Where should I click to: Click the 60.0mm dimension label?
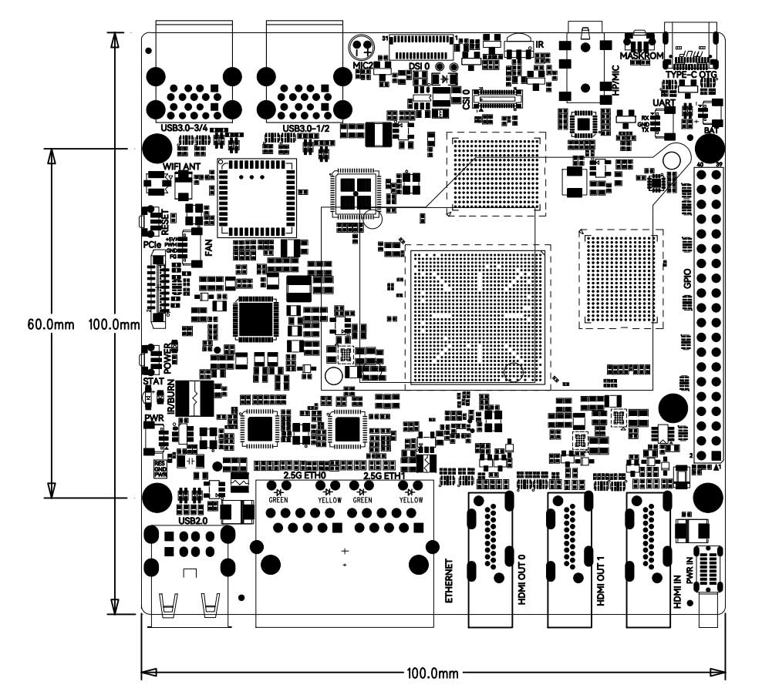[51, 324]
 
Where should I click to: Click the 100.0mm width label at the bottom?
[433, 673]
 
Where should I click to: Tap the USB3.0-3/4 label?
[187, 127]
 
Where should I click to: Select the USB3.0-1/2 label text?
[306, 128]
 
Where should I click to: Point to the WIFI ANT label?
[182, 166]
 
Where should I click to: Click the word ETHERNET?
[450, 581]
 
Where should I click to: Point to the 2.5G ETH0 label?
[304, 476]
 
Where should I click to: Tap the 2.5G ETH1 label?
[383, 476]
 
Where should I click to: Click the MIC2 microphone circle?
[360, 46]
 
